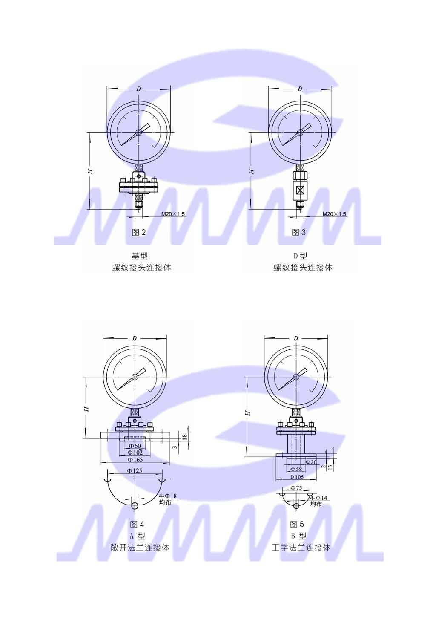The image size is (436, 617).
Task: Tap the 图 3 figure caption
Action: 298,233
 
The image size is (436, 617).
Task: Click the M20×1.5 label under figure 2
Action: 173,214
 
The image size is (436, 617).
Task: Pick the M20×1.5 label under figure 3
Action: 334,214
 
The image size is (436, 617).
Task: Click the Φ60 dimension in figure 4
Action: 135,445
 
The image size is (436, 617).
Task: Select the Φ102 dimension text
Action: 135,452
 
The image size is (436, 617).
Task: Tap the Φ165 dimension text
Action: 135,459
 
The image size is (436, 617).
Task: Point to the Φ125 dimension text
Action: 135,471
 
